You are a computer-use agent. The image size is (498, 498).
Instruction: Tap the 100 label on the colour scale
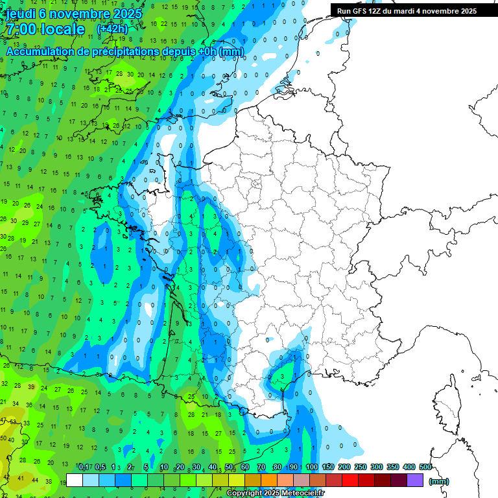click(312, 468)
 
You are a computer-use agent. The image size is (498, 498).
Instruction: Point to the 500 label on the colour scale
click(425, 468)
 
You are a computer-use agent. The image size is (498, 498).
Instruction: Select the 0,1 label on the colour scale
click(84, 468)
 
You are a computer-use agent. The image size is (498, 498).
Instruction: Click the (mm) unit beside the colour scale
click(439, 481)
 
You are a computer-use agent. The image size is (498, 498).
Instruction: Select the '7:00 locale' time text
click(45, 30)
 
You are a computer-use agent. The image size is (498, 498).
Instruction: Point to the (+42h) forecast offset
click(112, 29)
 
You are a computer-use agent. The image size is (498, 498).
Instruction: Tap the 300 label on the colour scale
click(377, 468)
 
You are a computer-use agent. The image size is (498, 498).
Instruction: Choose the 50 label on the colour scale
click(230, 468)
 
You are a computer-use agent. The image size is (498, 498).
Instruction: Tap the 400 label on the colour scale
click(409, 468)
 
